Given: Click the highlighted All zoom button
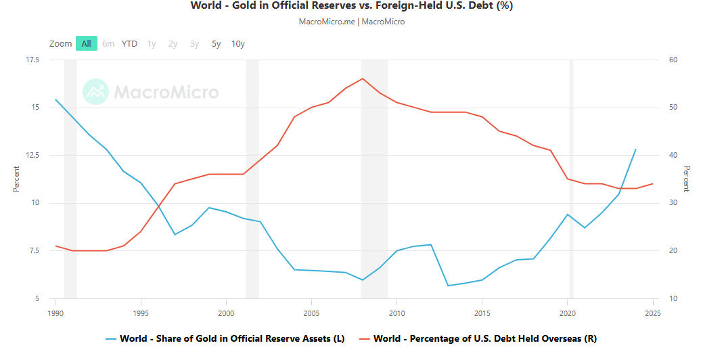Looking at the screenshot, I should point(86,44).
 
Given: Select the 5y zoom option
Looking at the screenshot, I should point(216,44).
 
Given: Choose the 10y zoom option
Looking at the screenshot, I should point(237,44).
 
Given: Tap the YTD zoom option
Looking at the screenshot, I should point(129,44).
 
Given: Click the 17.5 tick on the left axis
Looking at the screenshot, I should point(32,60).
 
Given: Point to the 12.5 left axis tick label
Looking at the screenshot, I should point(32,155).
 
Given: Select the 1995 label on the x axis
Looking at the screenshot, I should point(141,313).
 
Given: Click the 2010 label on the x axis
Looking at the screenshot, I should point(396,313).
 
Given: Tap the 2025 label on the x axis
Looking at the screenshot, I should point(652,313).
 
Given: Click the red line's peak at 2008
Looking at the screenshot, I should point(363,78).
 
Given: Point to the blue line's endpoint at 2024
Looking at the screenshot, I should point(635,150).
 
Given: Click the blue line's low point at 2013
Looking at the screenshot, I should point(448,286).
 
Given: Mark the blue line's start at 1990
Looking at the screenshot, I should point(55,99).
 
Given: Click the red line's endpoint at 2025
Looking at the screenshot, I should point(652,183).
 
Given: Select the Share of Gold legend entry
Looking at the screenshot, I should point(225,338).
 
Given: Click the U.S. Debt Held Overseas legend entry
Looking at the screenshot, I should point(478,338).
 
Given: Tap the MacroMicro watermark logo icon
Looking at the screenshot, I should point(95,92).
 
